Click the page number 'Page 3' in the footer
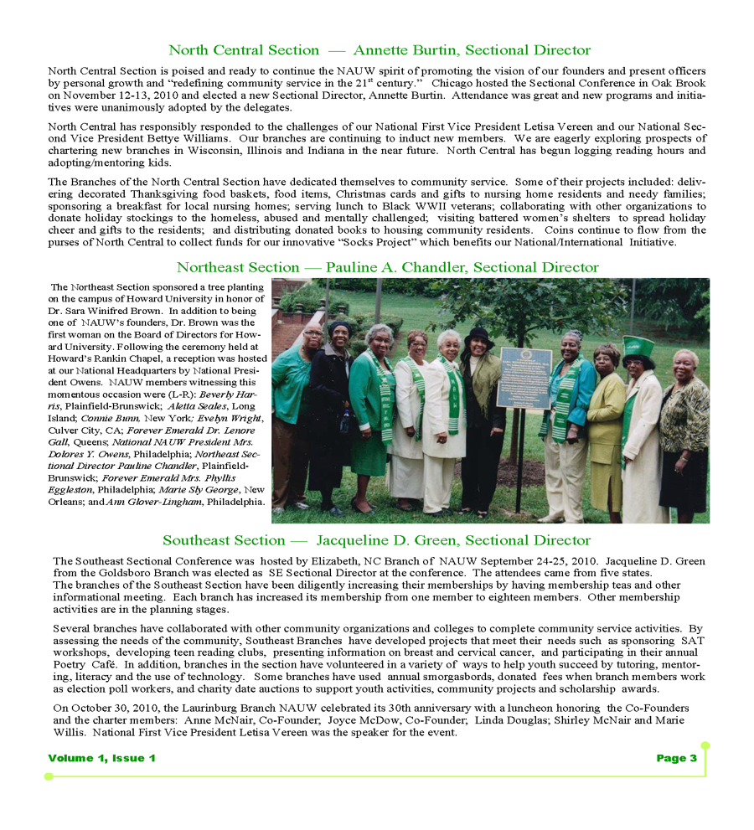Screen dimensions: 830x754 (676, 758)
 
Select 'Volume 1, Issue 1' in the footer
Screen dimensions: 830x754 (101, 758)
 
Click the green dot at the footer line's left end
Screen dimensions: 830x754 (49, 776)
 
